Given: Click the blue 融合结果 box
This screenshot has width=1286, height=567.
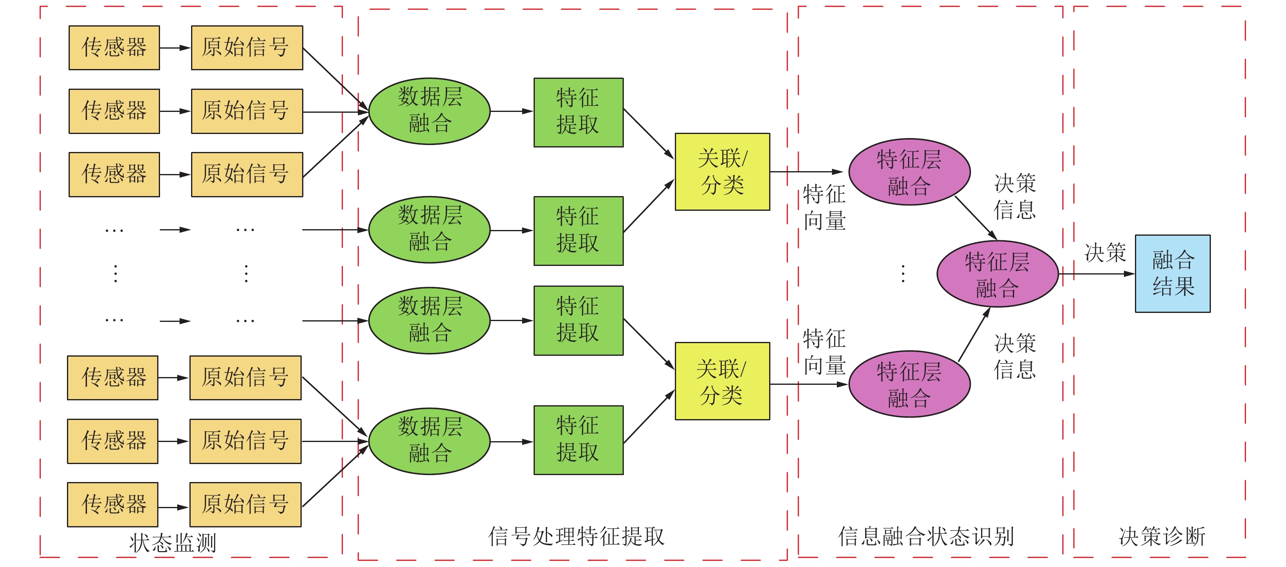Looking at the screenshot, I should [x=1172, y=273].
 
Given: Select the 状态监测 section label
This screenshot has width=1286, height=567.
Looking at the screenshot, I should [x=173, y=542].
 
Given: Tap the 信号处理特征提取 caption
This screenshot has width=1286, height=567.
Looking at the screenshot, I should [x=576, y=536].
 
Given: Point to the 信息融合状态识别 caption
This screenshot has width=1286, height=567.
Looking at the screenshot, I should [x=926, y=536].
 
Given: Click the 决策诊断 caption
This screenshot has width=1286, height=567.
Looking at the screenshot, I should [x=1162, y=536].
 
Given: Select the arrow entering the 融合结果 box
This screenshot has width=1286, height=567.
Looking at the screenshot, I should [x=1097, y=274].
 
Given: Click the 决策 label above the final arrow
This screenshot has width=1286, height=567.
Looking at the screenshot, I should [x=1105, y=252].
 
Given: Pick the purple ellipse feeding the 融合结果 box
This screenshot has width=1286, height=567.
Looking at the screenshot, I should [x=997, y=274].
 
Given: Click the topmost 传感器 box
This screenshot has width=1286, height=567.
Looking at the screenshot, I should [x=114, y=47].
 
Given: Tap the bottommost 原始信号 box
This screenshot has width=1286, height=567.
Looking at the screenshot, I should [x=245, y=504].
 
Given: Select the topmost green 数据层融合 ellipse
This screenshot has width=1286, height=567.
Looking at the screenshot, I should [x=429, y=111].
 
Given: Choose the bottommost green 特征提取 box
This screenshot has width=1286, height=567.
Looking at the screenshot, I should [x=578, y=440].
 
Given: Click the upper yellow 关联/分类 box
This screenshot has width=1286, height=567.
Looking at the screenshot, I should [x=722, y=171].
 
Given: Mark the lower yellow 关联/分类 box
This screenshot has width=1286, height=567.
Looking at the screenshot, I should [x=722, y=381].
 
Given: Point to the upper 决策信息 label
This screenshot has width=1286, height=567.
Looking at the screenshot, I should [x=1015, y=196].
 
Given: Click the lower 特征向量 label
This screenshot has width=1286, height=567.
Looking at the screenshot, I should [x=824, y=352].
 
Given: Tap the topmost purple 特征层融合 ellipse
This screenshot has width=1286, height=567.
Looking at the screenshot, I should [x=909, y=172].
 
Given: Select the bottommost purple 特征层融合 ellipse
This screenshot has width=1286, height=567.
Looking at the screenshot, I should [x=909, y=384].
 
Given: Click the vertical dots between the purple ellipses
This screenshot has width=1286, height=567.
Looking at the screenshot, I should [x=903, y=274].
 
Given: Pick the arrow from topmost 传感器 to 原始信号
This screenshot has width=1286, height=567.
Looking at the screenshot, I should [x=175, y=48].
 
